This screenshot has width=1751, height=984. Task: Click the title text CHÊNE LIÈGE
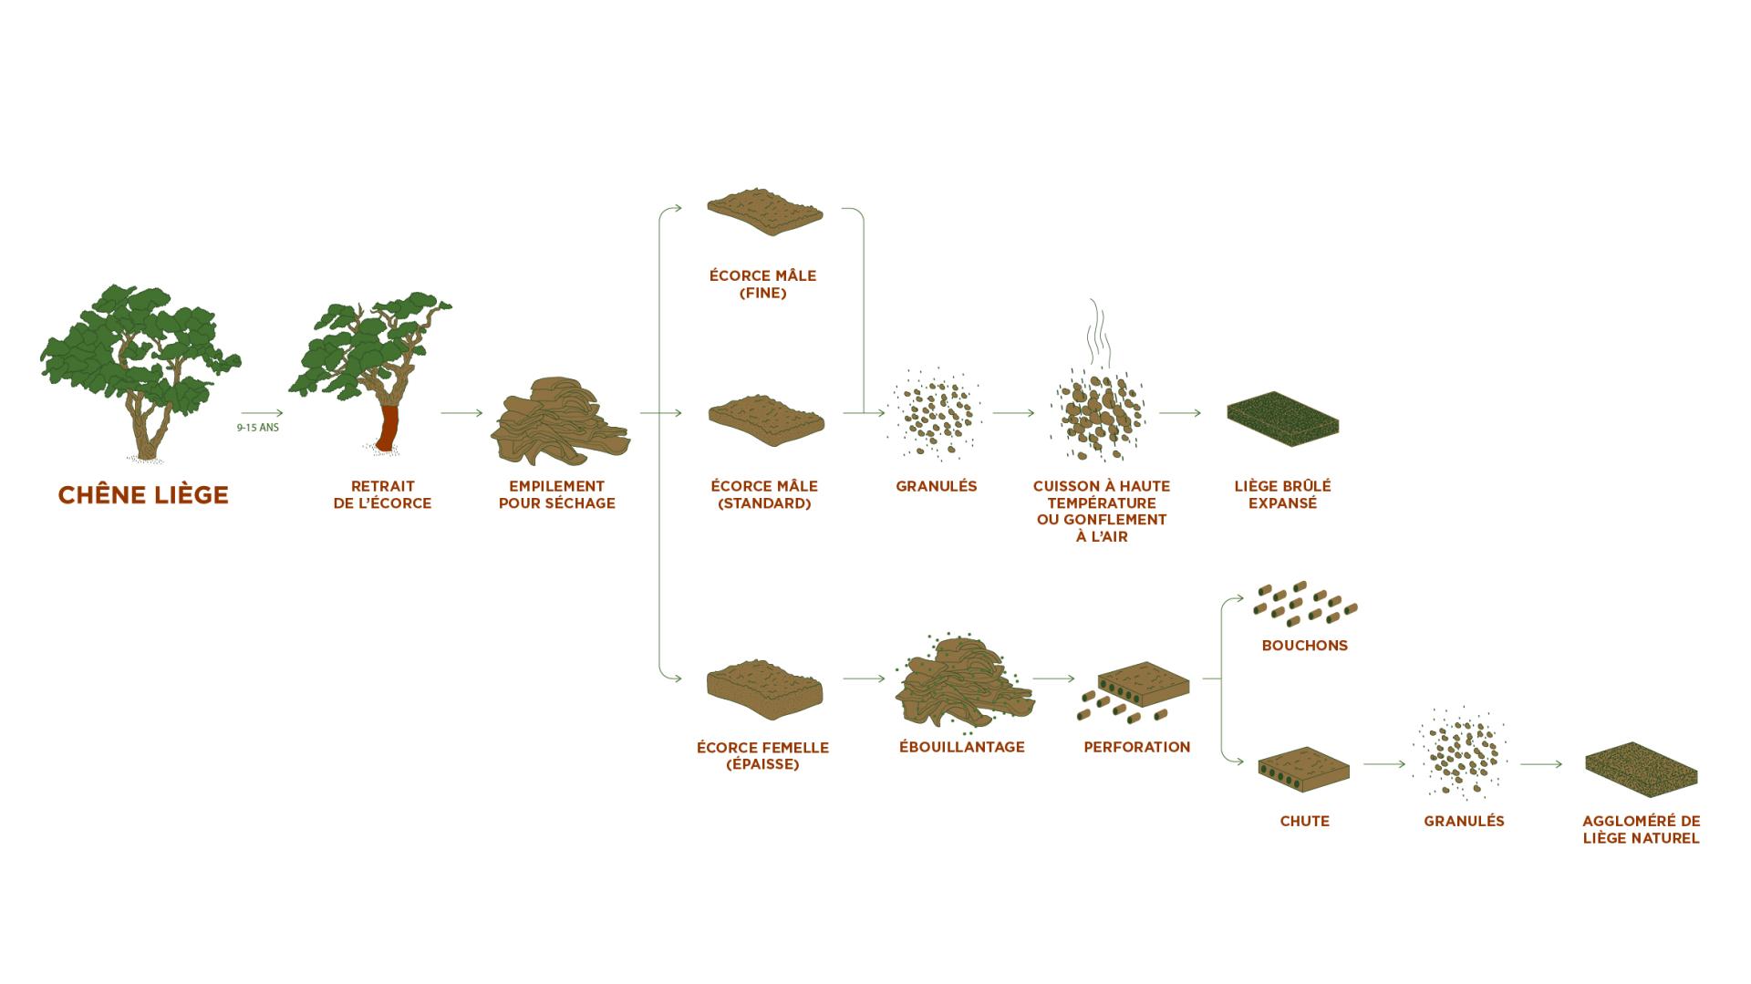(x=143, y=494)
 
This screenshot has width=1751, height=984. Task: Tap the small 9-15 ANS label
(x=258, y=428)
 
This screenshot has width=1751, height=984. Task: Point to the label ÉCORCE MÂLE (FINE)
(x=763, y=285)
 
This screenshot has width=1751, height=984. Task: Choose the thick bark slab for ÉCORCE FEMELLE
(x=764, y=690)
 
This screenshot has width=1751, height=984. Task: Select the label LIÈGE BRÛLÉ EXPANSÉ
(x=1282, y=494)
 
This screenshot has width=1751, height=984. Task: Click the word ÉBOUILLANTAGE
(x=962, y=747)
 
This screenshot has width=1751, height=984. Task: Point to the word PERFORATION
(x=1137, y=747)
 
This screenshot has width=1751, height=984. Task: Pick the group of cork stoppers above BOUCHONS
(x=1305, y=603)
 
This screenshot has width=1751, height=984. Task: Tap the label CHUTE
(x=1305, y=821)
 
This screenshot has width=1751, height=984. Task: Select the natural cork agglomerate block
(x=1641, y=769)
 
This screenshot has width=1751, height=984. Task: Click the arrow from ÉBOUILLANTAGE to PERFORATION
(x=1054, y=678)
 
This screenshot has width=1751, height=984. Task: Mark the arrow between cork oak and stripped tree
(x=263, y=413)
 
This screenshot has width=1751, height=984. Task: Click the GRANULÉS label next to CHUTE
(x=1464, y=821)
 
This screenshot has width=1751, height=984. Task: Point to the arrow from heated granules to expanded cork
(x=1180, y=413)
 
